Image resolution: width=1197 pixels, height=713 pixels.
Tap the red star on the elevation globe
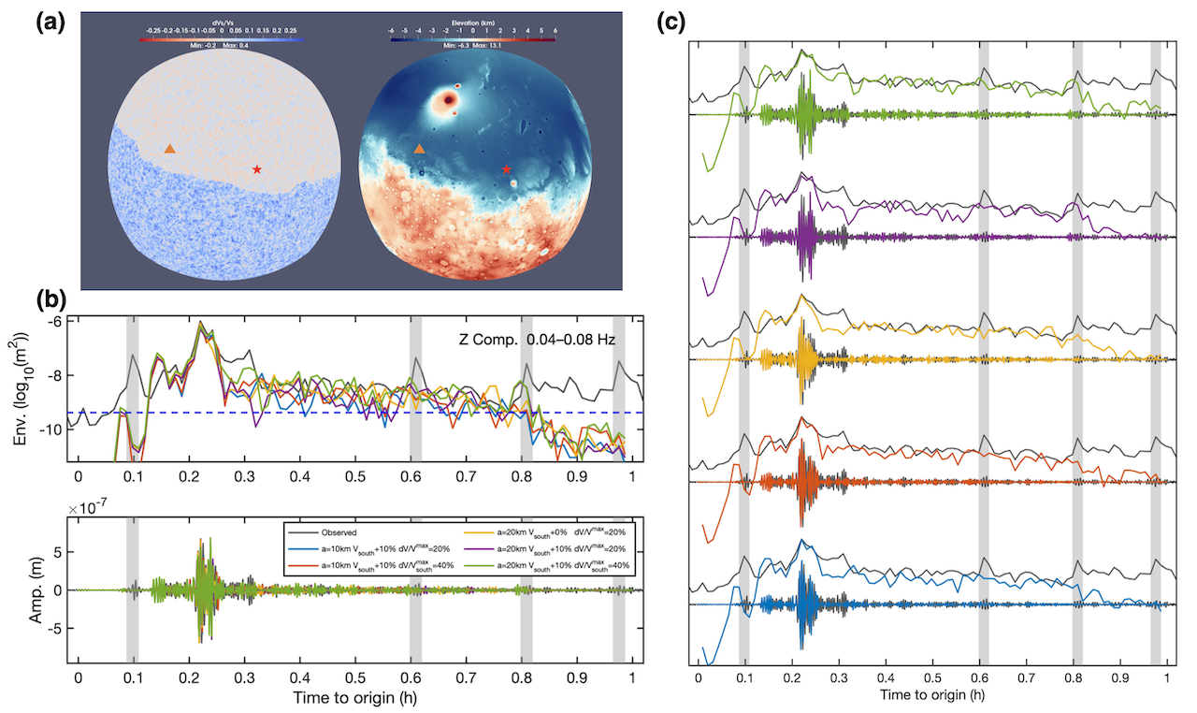coord(507,169)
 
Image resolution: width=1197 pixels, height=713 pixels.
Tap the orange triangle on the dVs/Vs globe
coord(169,149)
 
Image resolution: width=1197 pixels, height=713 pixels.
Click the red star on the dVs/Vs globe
coord(257,169)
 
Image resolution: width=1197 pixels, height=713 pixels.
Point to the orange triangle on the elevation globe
coord(419,149)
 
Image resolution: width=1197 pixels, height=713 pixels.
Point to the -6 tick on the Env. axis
coord(58,321)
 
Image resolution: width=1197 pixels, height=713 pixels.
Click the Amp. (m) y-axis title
coord(21,589)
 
